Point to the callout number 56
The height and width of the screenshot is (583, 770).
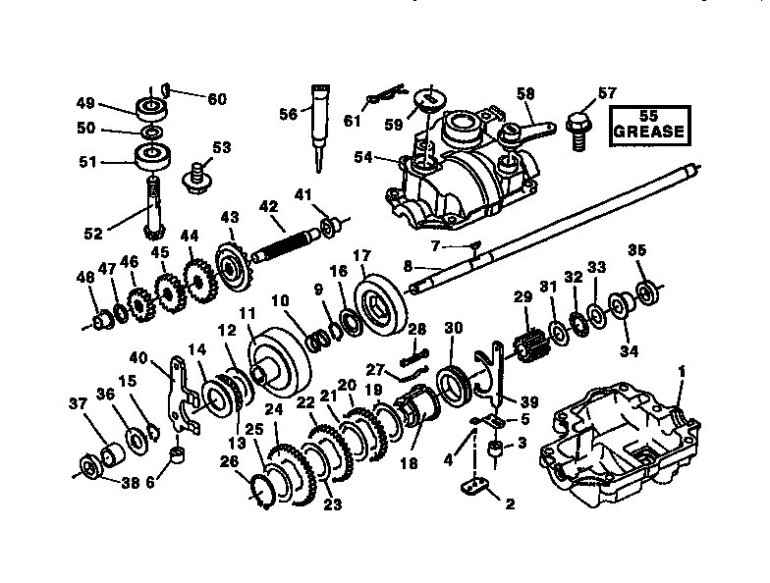pos(287,114)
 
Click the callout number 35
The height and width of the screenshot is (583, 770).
pos(636,248)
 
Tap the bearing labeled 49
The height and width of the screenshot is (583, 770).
pos(152,105)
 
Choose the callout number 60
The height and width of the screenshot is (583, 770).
pos(216,98)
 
